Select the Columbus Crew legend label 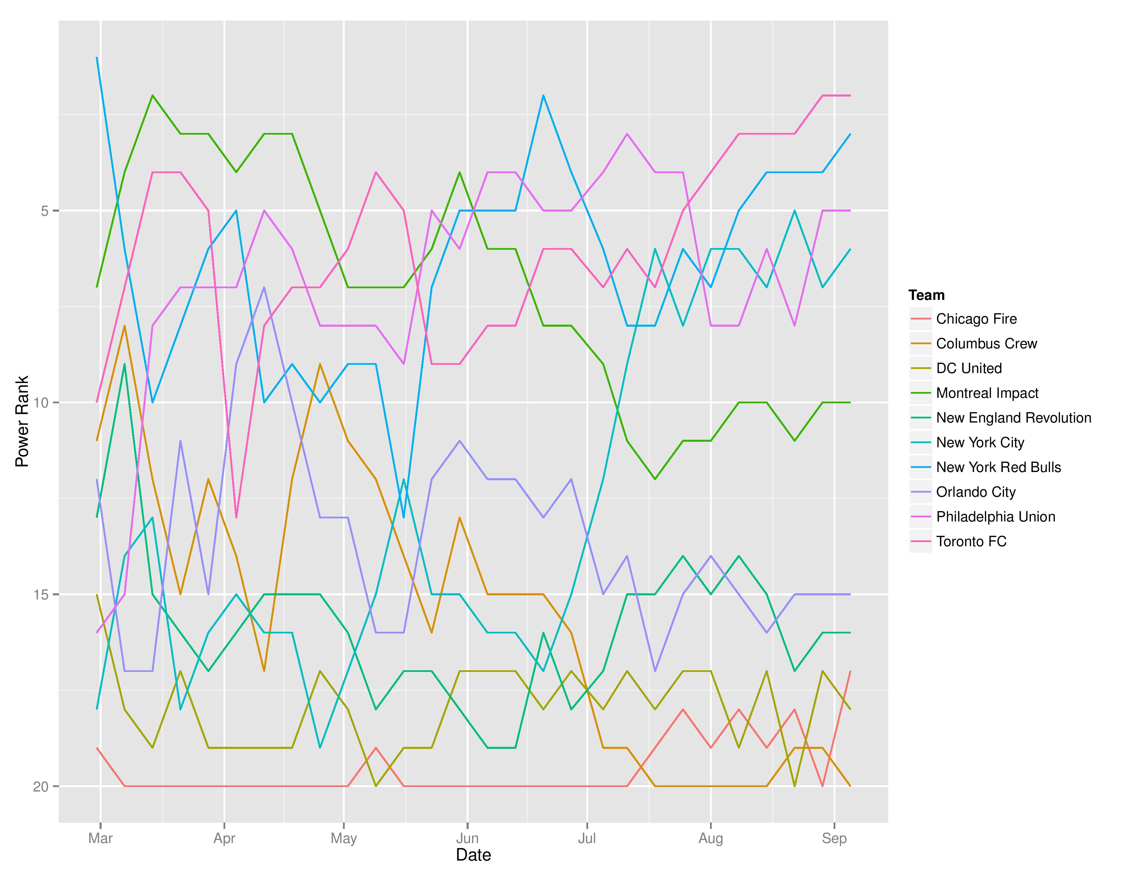(986, 344)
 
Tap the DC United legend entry (969, 369)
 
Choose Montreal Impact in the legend (987, 393)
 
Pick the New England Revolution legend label (1013, 418)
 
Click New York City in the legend (980, 443)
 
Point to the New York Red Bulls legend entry (998, 467)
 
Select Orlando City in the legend (975, 492)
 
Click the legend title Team (927, 295)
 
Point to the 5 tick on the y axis (44, 211)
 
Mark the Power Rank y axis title (22, 422)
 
